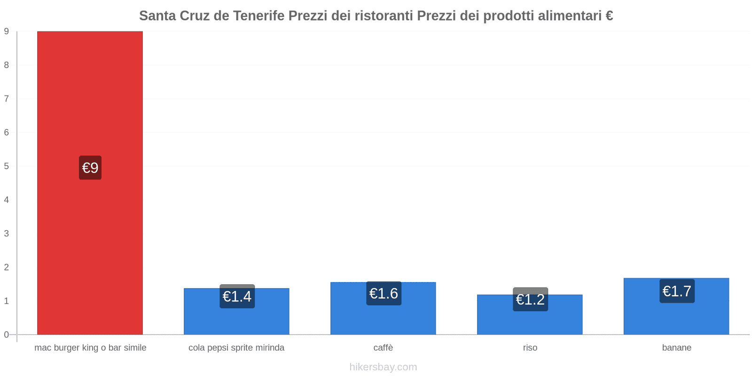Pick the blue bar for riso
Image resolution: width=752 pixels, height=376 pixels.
530,322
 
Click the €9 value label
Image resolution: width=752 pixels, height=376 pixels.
90,168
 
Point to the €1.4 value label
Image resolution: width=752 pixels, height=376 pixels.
237,297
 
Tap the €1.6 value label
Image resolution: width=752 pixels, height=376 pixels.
384,293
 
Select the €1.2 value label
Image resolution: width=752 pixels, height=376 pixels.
530,299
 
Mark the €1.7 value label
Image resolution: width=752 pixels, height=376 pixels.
677,291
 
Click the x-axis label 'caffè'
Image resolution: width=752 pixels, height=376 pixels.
383,348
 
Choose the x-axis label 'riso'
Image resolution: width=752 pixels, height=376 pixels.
530,348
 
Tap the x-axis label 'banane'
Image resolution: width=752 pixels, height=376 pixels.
676,348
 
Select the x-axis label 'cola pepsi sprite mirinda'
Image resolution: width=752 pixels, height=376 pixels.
236,348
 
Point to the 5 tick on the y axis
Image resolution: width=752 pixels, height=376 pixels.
7,166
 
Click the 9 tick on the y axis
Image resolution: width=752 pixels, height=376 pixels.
7,31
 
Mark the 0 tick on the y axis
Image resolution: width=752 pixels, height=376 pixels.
7,335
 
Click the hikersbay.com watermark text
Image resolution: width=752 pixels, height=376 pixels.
383,367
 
